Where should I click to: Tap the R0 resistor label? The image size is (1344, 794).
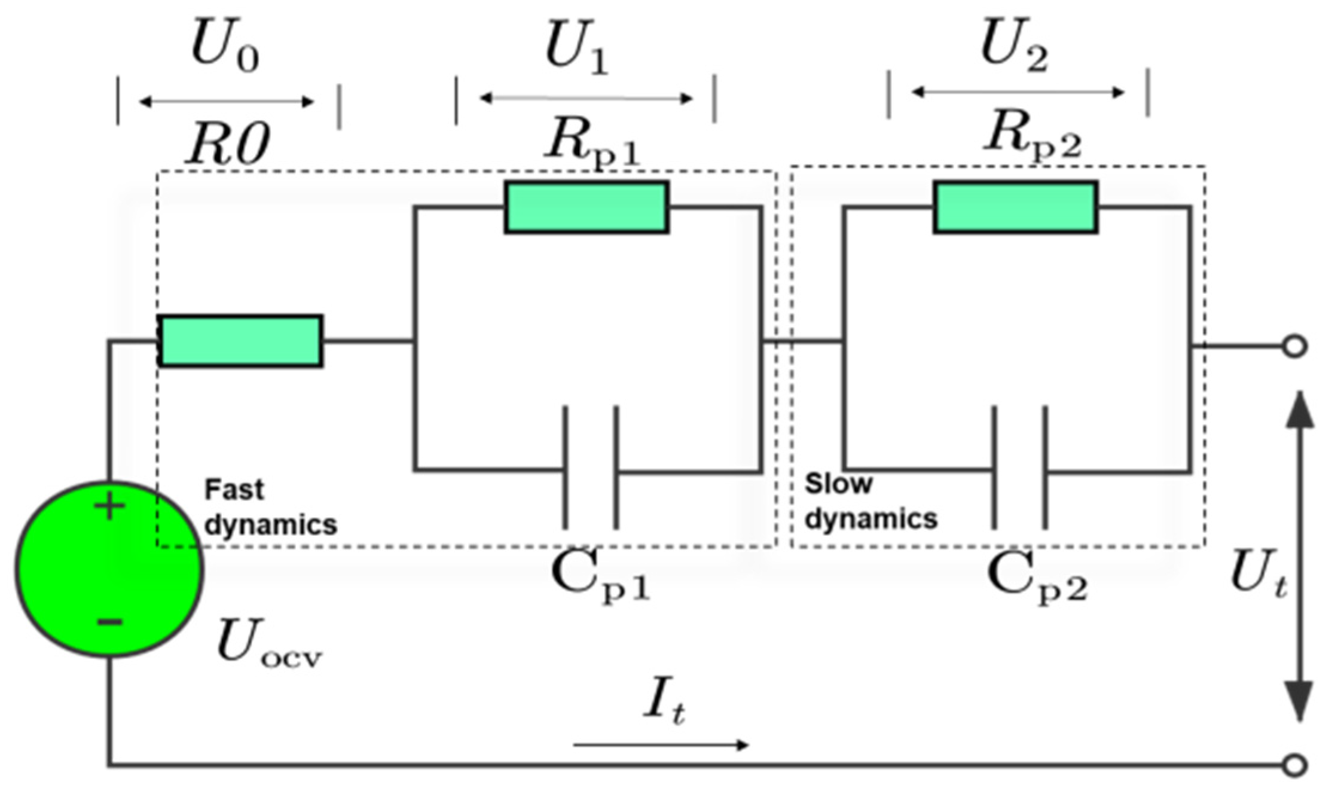[227, 145]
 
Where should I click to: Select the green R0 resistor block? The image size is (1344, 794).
[240, 341]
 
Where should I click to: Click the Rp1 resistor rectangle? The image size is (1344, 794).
[587, 207]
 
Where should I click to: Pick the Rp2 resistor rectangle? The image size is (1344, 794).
[1015, 207]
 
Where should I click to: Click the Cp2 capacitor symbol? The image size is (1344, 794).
[1020, 468]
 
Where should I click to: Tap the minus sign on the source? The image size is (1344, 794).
[109, 622]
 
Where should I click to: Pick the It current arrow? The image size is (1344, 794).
[661, 744]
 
